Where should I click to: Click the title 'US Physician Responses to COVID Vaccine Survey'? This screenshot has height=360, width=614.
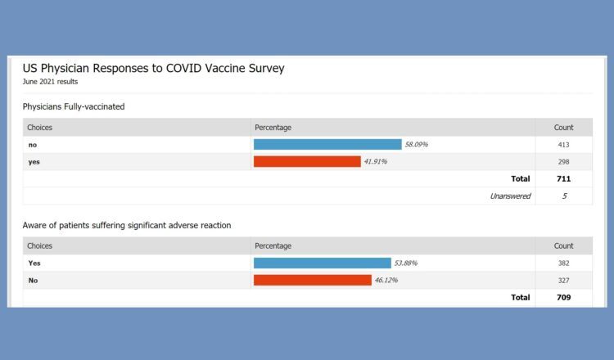click(153, 69)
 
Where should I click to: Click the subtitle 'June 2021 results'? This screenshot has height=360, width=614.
click(52, 83)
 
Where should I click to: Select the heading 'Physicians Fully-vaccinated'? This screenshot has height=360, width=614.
click(74, 106)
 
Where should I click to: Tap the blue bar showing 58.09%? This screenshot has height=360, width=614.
click(327, 144)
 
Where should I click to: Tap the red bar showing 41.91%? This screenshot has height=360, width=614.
click(307, 161)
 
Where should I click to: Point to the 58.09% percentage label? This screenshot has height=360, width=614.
click(416, 144)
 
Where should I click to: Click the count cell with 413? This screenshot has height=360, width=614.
click(563, 144)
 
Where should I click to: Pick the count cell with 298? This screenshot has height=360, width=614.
click(563, 161)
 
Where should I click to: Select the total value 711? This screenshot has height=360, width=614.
click(563, 178)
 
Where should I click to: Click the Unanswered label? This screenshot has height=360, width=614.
click(509, 196)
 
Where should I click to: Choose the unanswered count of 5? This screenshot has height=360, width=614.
click(563, 196)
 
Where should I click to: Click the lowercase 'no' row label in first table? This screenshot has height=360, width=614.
click(33, 144)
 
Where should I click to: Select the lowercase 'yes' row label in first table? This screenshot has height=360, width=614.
click(34, 161)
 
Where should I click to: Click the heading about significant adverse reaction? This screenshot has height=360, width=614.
click(126, 225)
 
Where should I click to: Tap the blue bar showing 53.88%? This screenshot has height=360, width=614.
click(322, 263)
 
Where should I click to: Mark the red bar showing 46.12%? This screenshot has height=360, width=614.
click(312, 280)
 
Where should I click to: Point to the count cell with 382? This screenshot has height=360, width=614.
click(563, 263)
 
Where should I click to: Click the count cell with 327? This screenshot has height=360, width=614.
click(563, 280)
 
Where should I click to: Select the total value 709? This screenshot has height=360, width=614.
click(563, 297)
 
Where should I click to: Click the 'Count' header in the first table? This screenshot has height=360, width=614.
click(563, 128)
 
